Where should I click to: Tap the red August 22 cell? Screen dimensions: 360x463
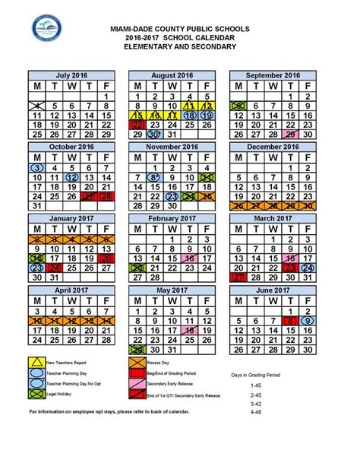[x=137, y=124]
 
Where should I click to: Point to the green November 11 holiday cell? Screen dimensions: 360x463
[x=204, y=177]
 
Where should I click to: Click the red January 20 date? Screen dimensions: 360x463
[x=107, y=258]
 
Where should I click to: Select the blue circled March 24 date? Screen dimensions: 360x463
[x=307, y=268]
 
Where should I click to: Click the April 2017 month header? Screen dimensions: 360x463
[x=73, y=290]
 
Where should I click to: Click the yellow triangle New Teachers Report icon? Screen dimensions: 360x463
[x=36, y=361]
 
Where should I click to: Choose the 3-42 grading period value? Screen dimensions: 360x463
[x=255, y=404]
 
